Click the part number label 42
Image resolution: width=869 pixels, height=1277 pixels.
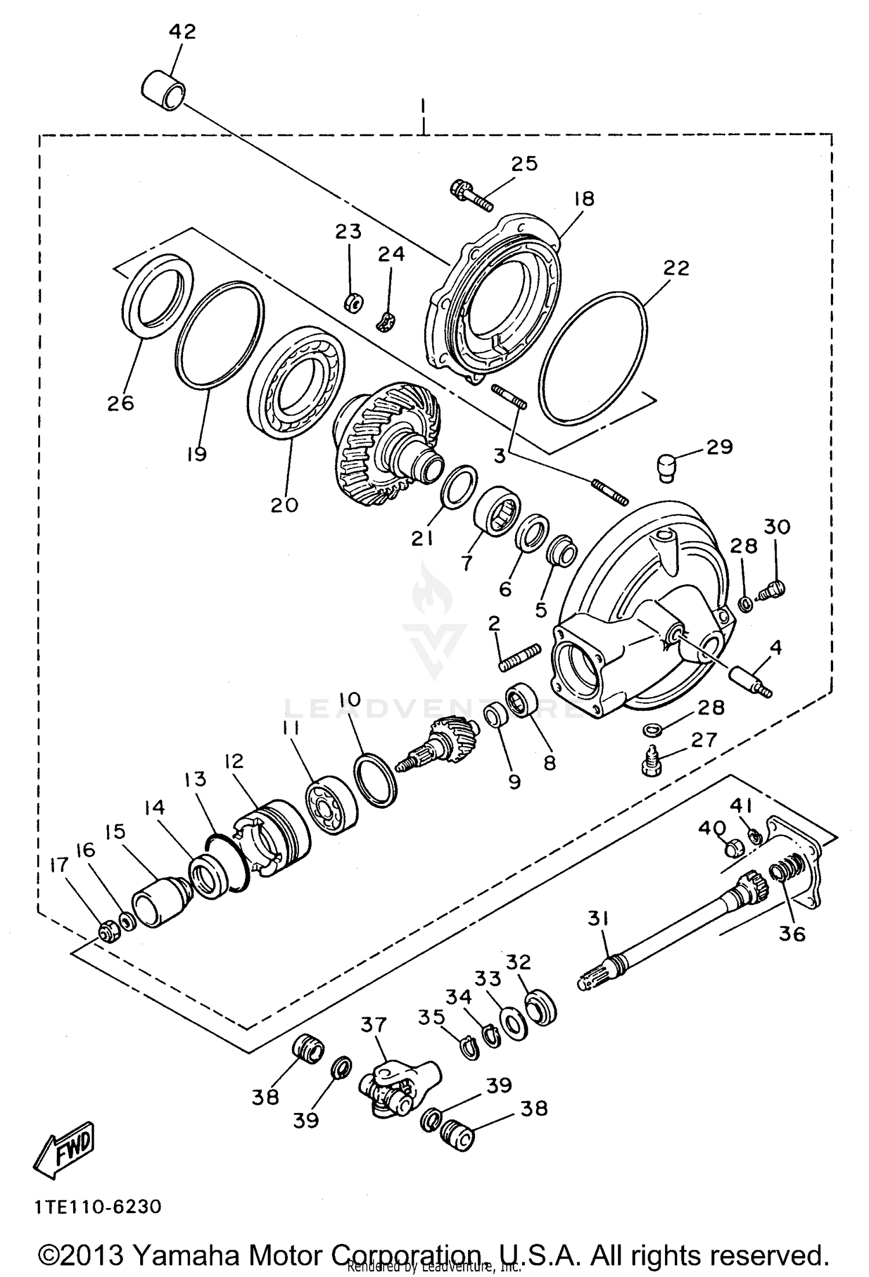click(x=182, y=31)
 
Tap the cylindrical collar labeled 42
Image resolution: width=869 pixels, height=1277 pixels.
click(x=164, y=90)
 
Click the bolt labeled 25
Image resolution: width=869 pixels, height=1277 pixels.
click(x=470, y=195)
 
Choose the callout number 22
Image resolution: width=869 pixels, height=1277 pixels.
click(x=676, y=268)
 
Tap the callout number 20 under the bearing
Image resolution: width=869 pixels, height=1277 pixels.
click(x=284, y=505)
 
